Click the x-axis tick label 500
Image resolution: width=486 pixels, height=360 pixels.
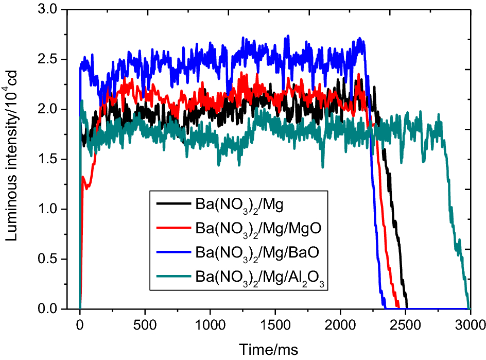(x=145, y=325)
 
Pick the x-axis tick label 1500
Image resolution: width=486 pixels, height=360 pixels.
(x=275, y=325)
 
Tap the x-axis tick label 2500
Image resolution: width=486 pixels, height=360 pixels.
(x=405, y=325)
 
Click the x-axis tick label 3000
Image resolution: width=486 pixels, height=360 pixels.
(x=470, y=325)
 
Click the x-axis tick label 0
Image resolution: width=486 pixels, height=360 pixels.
(x=80, y=325)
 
